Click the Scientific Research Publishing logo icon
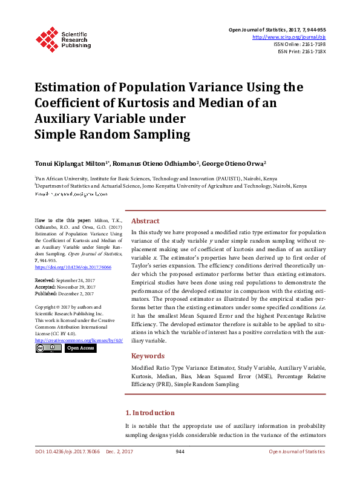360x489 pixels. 47,38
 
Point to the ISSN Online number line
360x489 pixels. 299,44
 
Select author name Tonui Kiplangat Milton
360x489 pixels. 71,163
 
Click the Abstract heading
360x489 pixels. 145,222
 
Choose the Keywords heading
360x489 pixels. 148,356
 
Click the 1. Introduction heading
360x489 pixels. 149,413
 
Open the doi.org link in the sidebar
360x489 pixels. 64,267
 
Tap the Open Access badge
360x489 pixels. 80,349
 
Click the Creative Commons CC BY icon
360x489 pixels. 48,349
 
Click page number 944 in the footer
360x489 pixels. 180,451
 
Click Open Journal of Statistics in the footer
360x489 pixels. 296,451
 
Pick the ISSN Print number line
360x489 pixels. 301,51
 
